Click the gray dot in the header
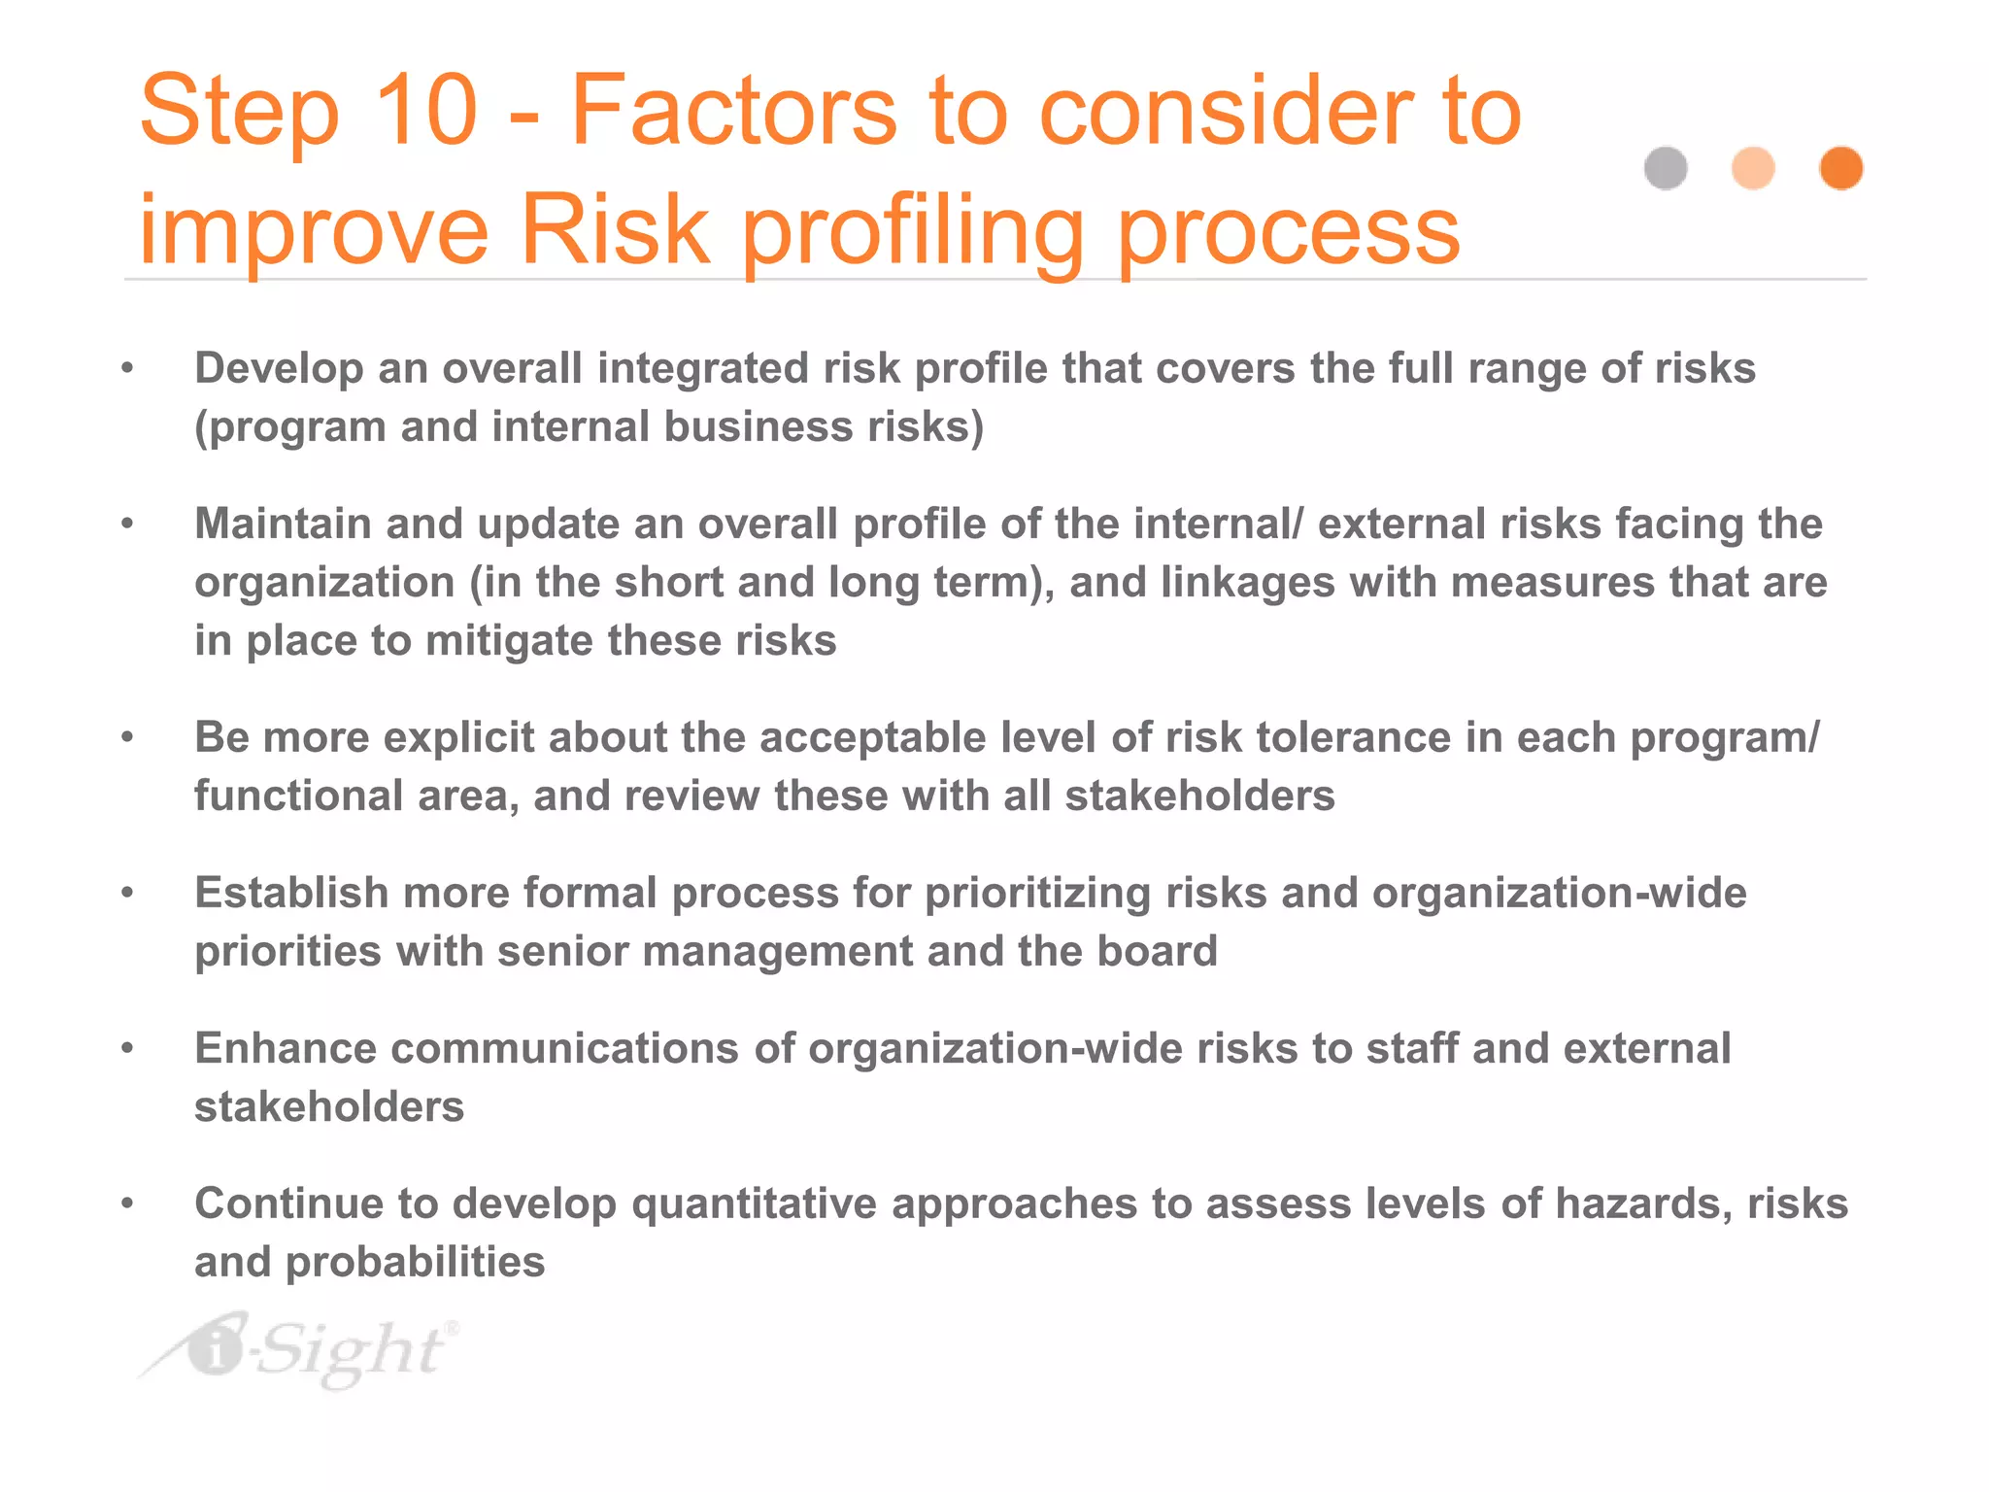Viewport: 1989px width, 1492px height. [x=1666, y=168]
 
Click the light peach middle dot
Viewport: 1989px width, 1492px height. [x=1753, y=168]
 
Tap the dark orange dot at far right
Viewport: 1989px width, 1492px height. [x=1840, y=168]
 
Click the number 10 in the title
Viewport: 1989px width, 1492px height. [x=425, y=111]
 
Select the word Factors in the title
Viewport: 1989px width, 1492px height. [x=732, y=111]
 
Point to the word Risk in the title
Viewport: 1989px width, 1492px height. [x=614, y=231]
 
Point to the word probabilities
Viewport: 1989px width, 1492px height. [x=415, y=1263]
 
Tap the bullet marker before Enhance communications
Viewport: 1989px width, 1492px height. [x=127, y=1048]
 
